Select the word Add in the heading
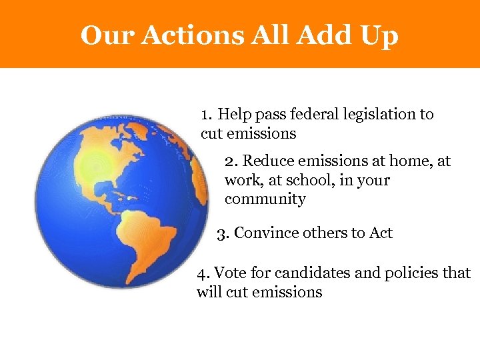(x=319, y=35)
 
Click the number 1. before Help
(x=207, y=115)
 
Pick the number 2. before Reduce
(x=231, y=161)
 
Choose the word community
(x=265, y=199)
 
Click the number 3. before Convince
(x=224, y=233)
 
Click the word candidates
(x=307, y=273)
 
